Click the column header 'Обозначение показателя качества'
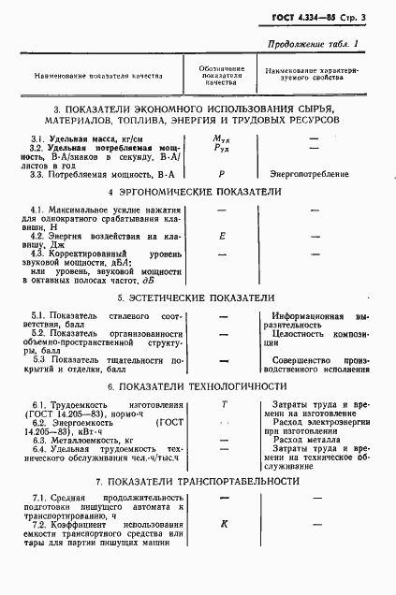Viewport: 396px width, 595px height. point(223,75)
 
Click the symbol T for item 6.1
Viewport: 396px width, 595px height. point(224,403)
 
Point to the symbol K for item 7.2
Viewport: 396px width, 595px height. point(224,525)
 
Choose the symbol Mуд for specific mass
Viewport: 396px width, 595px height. point(223,138)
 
